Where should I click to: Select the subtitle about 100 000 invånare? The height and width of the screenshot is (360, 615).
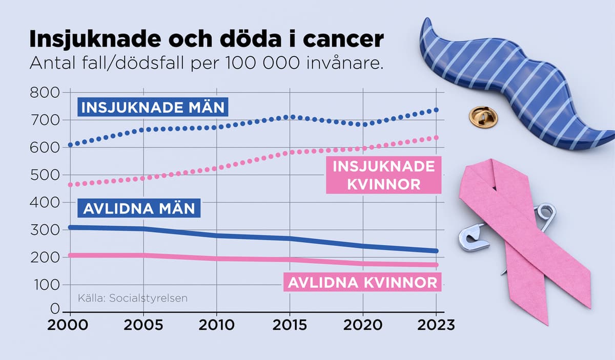click(x=207, y=64)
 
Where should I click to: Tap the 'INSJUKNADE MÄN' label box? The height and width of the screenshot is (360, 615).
click(x=153, y=108)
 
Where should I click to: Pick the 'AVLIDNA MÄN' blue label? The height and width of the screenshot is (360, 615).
click(x=139, y=209)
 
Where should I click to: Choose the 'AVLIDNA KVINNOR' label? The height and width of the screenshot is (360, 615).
click(x=362, y=282)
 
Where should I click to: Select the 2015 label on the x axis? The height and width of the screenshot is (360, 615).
click(x=290, y=325)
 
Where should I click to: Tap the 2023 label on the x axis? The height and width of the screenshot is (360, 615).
click(x=436, y=325)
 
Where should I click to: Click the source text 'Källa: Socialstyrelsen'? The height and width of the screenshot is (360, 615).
click(x=133, y=298)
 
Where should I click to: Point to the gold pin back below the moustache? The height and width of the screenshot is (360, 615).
click(x=483, y=117)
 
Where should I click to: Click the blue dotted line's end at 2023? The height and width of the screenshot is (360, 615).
click(x=436, y=110)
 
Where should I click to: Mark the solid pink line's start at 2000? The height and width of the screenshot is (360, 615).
click(x=70, y=255)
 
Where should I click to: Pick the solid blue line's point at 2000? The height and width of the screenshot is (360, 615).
click(x=70, y=227)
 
